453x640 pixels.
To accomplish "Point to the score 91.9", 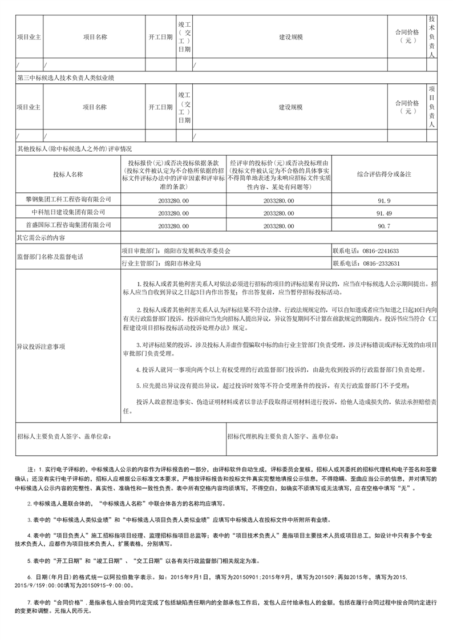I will tap(384, 200).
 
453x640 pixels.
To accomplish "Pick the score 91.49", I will tap(384, 213).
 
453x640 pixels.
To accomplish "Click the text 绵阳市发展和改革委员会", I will tap(194, 251).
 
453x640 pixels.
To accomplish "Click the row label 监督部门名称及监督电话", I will tap(50, 257).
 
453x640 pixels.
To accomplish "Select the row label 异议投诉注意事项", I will tap(41, 346).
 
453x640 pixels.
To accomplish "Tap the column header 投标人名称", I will tap(68, 174).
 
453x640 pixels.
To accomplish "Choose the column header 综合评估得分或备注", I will tap(384, 173).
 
